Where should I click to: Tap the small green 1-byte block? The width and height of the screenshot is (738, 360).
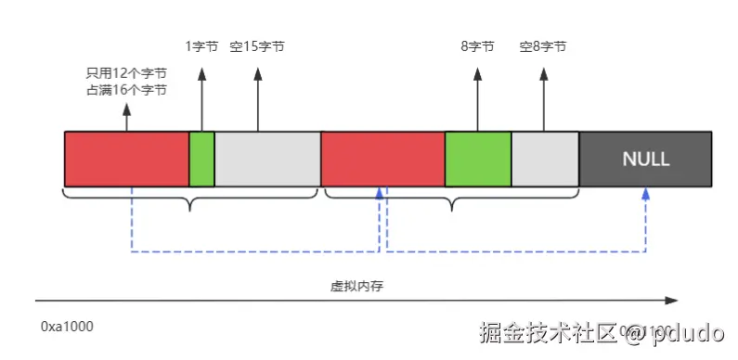(x=201, y=159)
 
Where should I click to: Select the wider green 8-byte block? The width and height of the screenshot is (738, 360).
(x=478, y=159)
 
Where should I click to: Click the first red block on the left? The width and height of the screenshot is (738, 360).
(x=126, y=159)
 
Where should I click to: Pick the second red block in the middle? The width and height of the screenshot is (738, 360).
(x=382, y=159)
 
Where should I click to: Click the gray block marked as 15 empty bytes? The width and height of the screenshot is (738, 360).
(x=267, y=159)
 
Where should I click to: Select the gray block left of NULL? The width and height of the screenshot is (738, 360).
(x=545, y=159)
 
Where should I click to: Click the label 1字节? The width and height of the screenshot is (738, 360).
(x=201, y=46)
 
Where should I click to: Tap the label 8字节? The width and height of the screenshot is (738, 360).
(x=477, y=46)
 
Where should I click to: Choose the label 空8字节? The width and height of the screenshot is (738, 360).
(x=543, y=46)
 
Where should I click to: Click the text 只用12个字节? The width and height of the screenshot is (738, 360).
(x=126, y=74)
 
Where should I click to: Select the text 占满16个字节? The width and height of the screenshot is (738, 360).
(x=126, y=90)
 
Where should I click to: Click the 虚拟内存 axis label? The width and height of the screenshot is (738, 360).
(x=357, y=286)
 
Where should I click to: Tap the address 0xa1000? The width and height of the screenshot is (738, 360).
(x=67, y=327)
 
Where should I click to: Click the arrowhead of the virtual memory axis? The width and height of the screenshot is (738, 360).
(x=673, y=300)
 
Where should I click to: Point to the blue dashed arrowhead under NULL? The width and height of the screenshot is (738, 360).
(x=644, y=194)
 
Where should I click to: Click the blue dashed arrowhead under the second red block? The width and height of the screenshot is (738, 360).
(x=379, y=193)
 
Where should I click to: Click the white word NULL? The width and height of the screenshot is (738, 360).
(x=645, y=160)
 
